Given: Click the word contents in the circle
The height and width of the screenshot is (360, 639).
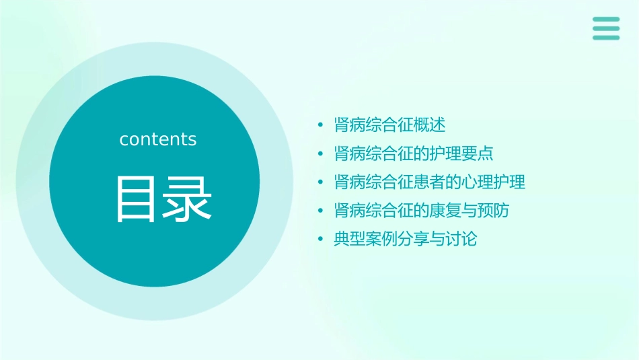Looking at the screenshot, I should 158,139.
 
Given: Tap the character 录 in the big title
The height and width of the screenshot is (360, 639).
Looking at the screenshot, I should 186,199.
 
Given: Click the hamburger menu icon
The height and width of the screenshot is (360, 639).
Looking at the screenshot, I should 606,28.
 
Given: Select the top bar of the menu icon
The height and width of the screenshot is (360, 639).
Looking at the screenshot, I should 606,20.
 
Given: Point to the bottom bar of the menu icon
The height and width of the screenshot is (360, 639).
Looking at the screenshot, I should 606,37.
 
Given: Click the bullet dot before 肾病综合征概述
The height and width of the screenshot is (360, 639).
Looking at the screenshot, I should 321,125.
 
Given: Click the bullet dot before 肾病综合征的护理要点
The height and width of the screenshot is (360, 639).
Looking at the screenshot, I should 321,154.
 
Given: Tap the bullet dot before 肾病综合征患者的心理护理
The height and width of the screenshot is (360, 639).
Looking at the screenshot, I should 321,182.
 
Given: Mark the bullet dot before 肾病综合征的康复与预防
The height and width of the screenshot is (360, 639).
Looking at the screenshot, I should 321,211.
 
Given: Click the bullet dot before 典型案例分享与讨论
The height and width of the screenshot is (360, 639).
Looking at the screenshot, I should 321,240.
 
